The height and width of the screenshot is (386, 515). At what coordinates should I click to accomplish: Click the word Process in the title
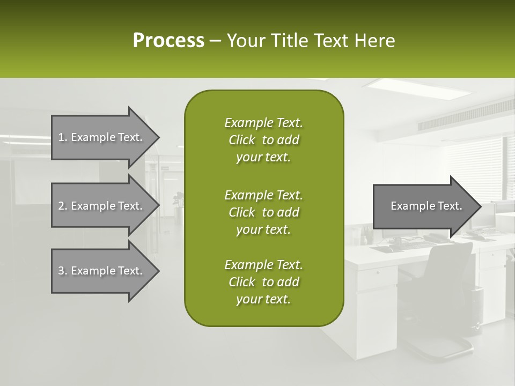[x=168, y=40]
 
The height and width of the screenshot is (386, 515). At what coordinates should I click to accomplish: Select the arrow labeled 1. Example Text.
[x=102, y=137]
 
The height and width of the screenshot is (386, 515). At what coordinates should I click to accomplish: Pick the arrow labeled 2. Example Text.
[x=102, y=206]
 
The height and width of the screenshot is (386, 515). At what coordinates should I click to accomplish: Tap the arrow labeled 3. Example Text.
[x=102, y=271]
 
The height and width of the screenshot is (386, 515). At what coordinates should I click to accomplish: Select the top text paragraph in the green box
[x=263, y=140]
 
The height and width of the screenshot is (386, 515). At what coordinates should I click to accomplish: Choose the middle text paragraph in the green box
[x=263, y=212]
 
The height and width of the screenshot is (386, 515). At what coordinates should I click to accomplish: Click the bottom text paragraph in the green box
[x=263, y=282]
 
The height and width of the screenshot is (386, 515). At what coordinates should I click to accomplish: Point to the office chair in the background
[x=440, y=289]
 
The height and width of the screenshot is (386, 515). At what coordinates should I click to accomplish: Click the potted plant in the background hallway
[x=177, y=201]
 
